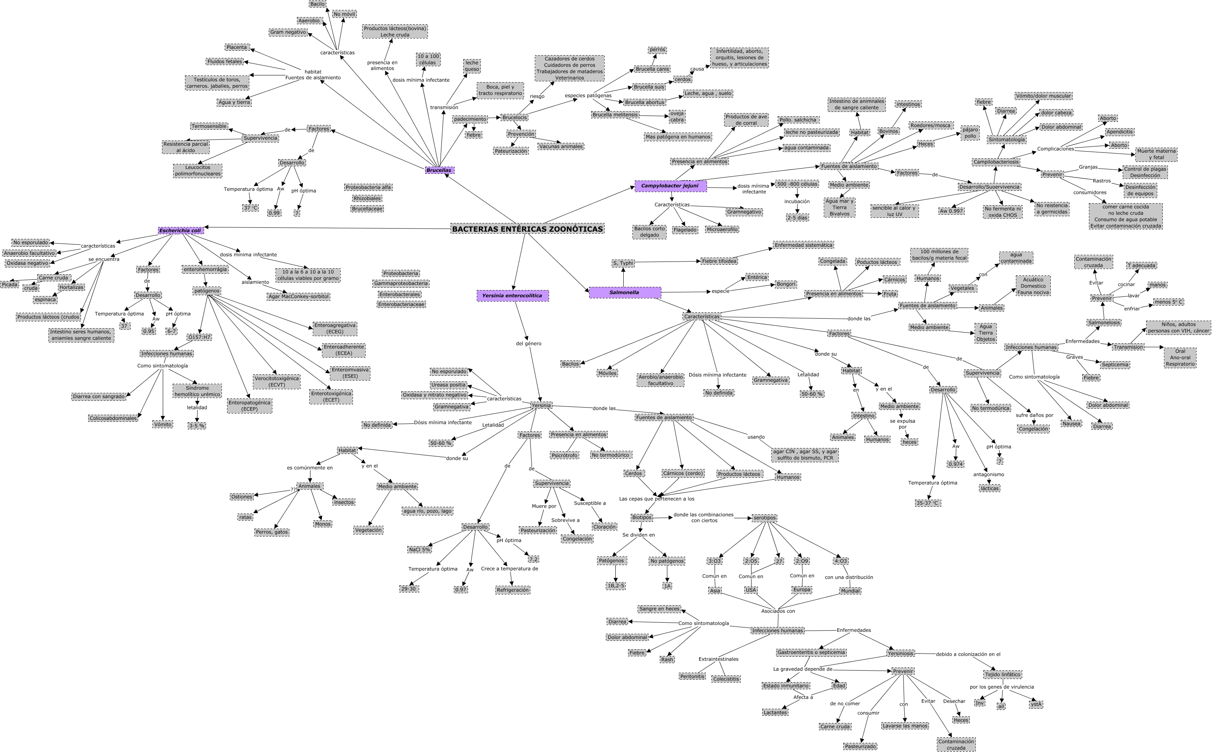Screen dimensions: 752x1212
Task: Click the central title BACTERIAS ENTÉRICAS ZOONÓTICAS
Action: click(x=527, y=229)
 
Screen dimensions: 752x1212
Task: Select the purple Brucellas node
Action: click(x=439, y=170)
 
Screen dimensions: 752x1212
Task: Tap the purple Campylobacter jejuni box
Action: click(x=670, y=186)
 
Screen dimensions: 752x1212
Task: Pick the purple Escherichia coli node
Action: click(x=181, y=230)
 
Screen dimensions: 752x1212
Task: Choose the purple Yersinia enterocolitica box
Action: click(x=513, y=295)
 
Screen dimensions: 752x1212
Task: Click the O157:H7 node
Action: click(x=199, y=337)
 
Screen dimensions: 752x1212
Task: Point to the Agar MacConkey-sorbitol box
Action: click(x=299, y=296)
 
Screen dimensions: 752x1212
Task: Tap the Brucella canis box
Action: click(x=652, y=69)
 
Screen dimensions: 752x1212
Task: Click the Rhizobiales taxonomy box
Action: click(x=367, y=198)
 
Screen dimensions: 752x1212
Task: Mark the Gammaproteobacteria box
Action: click(x=401, y=283)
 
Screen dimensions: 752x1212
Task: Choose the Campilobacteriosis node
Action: click(x=996, y=162)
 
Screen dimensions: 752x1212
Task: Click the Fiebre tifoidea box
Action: click(x=719, y=261)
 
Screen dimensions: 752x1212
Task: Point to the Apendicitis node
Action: click(x=1120, y=132)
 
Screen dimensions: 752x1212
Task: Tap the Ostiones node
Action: click(x=242, y=496)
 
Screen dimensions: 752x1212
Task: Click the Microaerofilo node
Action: click(x=722, y=229)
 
